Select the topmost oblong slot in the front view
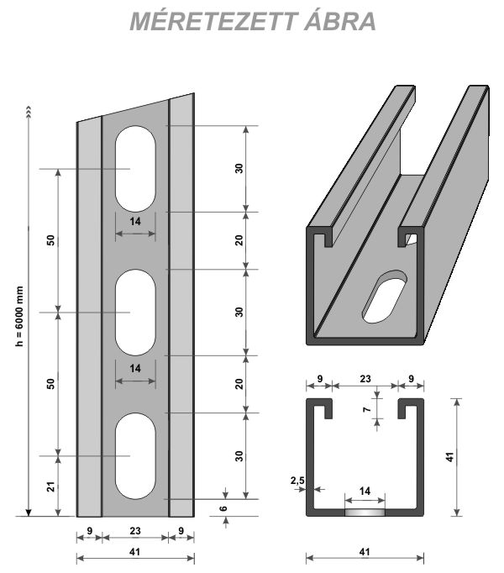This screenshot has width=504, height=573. pyautogui.click(x=135, y=169)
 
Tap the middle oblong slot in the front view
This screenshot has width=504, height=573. pyautogui.click(x=135, y=313)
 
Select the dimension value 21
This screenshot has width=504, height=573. pyautogui.click(x=50, y=486)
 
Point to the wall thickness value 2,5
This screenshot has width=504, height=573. pyautogui.click(x=296, y=481)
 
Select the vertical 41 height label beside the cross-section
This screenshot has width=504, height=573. pyautogui.click(x=449, y=458)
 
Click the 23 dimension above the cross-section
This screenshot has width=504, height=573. pyautogui.click(x=365, y=379)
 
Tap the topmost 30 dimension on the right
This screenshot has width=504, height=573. pyautogui.click(x=239, y=168)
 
